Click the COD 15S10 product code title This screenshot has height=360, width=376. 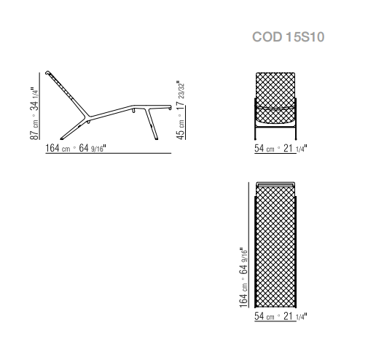click(288, 37)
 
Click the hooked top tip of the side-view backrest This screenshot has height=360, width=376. click(47, 72)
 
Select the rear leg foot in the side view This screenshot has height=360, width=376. click(62, 138)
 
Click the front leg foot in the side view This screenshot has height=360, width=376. click(156, 138)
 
